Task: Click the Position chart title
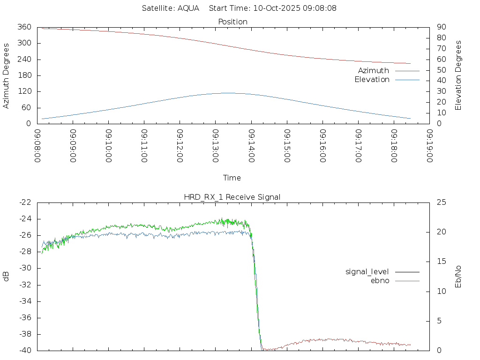tap(233, 22)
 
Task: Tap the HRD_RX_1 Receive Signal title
tap(232, 197)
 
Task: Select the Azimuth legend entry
tap(374, 71)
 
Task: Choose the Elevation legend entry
tap(372, 80)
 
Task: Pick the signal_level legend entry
tap(367, 272)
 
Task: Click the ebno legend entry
tap(380, 281)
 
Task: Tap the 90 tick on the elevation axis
tap(440, 27)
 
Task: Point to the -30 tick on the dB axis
tap(25, 269)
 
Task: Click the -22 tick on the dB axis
tap(25, 202)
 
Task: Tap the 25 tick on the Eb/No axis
tap(440, 202)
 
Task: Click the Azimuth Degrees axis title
tap(7, 75)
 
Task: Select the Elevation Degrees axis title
tap(458, 75)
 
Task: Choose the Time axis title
tap(232, 178)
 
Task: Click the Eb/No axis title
tap(458, 277)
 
